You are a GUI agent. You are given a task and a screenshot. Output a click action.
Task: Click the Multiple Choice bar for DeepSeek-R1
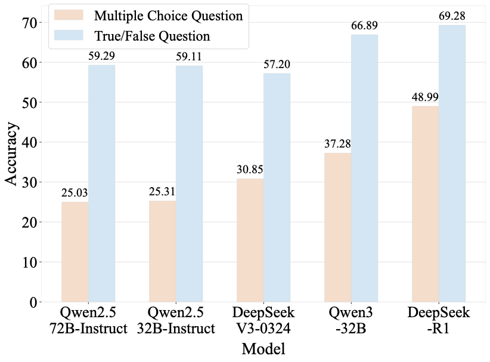[426, 204]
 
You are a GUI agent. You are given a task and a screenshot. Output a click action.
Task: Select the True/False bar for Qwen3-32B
[364, 168]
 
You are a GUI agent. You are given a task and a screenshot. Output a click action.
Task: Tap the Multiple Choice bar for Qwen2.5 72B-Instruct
[75, 251]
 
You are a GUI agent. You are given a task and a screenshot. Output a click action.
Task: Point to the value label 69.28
[451, 18]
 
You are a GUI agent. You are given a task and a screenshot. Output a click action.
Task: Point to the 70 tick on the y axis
[29, 23]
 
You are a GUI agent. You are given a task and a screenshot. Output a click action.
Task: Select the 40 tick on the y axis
[29, 143]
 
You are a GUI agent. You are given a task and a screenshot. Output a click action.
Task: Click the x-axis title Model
[263, 348]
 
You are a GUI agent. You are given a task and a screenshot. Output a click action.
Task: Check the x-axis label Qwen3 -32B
[351, 321]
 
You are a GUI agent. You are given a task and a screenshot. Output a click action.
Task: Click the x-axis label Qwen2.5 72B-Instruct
[86, 321]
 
